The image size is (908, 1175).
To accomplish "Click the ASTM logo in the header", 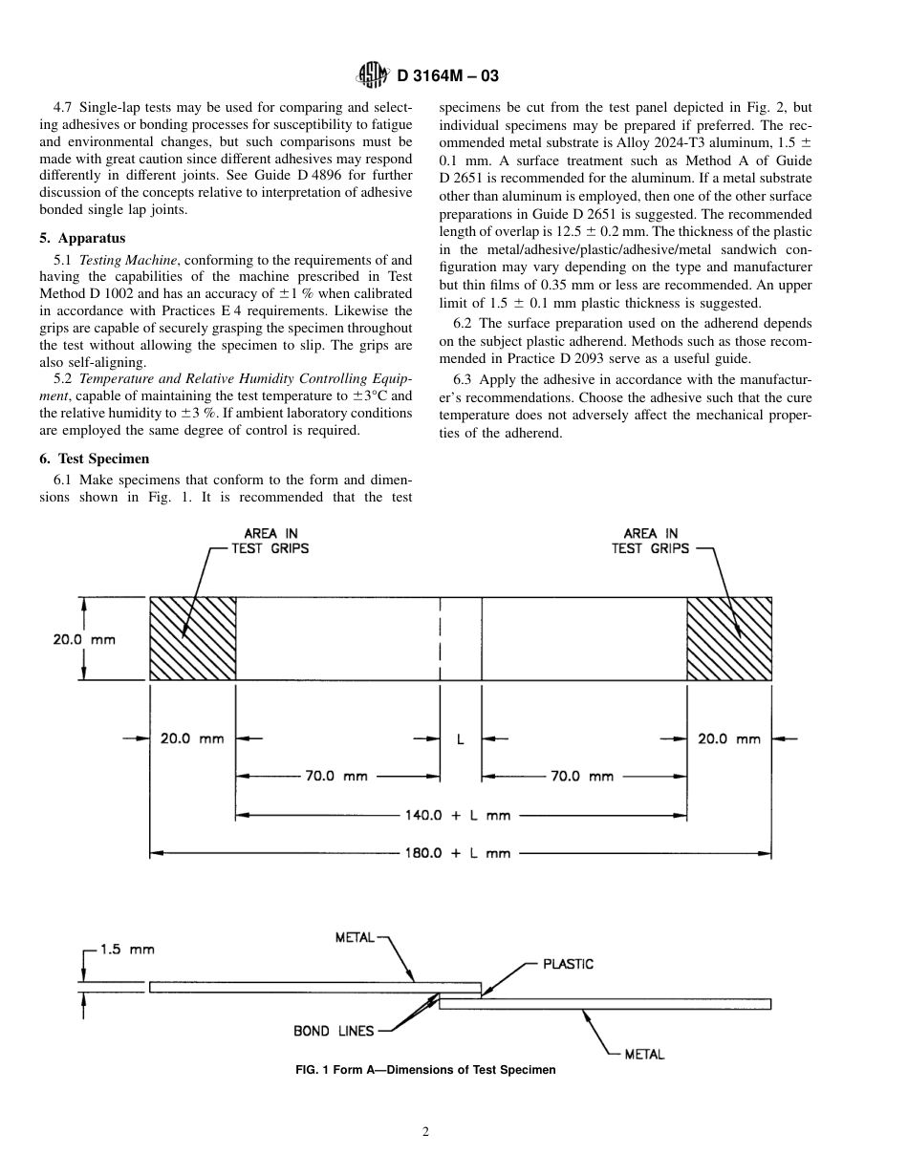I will tap(370, 75).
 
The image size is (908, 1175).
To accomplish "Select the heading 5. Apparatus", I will tap(82, 238).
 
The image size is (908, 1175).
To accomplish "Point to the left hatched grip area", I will tap(192, 639).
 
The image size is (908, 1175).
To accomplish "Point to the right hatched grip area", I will tap(729, 639).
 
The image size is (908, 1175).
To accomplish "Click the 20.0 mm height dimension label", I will tap(83, 639).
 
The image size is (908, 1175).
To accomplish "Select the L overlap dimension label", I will tap(460, 738).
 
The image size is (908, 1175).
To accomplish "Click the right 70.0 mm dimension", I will tap(582, 776).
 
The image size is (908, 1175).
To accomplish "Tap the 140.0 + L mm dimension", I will tap(458, 815).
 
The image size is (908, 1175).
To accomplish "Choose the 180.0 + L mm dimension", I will tap(458, 853).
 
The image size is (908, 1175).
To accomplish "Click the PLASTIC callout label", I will tap(568, 964).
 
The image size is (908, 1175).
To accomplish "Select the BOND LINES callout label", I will tap(334, 1031).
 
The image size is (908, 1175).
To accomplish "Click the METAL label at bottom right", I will tap(644, 1054).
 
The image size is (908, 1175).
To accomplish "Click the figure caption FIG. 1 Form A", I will tap(425, 1070).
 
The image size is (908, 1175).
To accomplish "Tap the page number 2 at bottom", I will tap(426, 1132).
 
